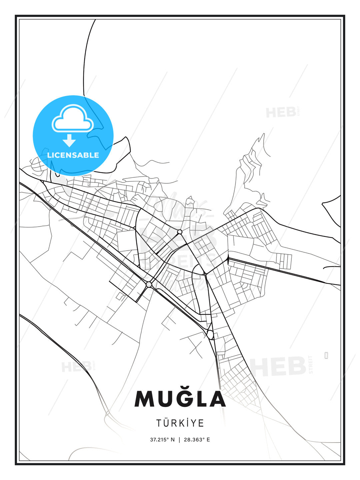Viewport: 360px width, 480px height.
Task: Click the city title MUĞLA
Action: tap(180, 399)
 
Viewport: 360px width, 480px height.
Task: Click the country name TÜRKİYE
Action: tap(180, 423)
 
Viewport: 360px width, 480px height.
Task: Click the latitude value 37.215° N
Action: tap(162, 440)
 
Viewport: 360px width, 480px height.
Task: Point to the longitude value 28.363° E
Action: tap(197, 440)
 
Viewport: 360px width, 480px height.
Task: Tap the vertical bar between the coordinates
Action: tap(180, 440)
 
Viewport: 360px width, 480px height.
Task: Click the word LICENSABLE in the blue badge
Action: tap(73, 155)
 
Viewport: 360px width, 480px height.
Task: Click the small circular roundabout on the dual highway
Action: tap(149, 284)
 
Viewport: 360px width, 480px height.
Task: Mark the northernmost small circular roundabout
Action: tap(180, 232)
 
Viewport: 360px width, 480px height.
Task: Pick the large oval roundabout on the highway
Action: tap(210, 334)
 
